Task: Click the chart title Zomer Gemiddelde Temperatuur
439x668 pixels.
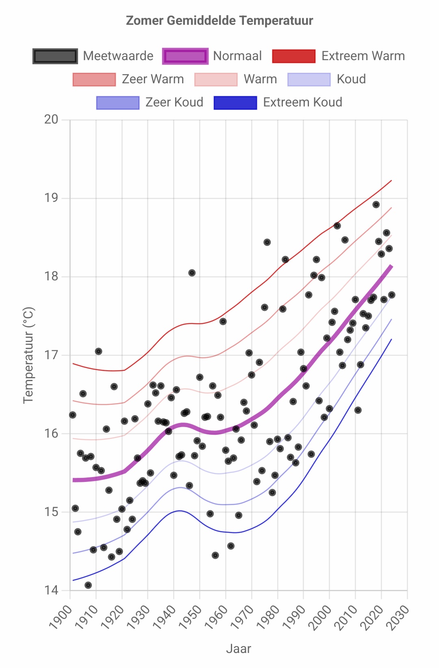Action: click(x=219, y=20)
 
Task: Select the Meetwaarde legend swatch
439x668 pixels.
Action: click(x=55, y=56)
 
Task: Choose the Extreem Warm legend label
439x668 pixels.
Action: click(x=363, y=56)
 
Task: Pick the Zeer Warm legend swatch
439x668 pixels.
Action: click(x=94, y=79)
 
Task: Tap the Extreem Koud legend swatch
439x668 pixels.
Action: click(x=235, y=102)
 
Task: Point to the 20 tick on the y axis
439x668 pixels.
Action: click(x=51, y=119)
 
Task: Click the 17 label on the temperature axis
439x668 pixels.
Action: click(x=51, y=355)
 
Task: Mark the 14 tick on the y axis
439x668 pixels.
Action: click(x=51, y=590)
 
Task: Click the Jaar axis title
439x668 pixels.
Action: click(x=239, y=649)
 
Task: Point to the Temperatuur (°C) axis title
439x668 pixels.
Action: click(x=28, y=355)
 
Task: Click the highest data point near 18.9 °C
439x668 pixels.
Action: click(x=376, y=204)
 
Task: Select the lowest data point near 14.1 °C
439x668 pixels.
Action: click(x=88, y=585)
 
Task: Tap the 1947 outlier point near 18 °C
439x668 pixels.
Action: click(x=192, y=273)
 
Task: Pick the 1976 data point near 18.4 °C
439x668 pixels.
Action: click(x=267, y=242)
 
